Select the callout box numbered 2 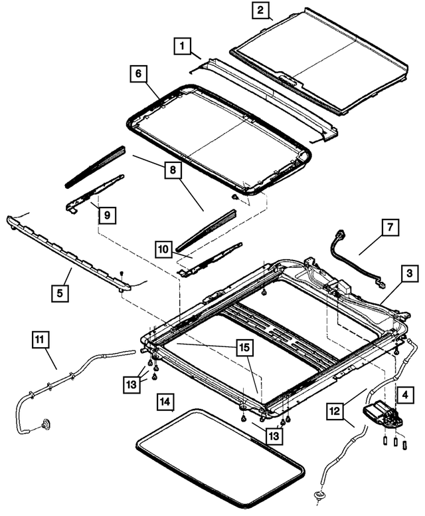[260, 11]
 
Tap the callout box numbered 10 [164, 250]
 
